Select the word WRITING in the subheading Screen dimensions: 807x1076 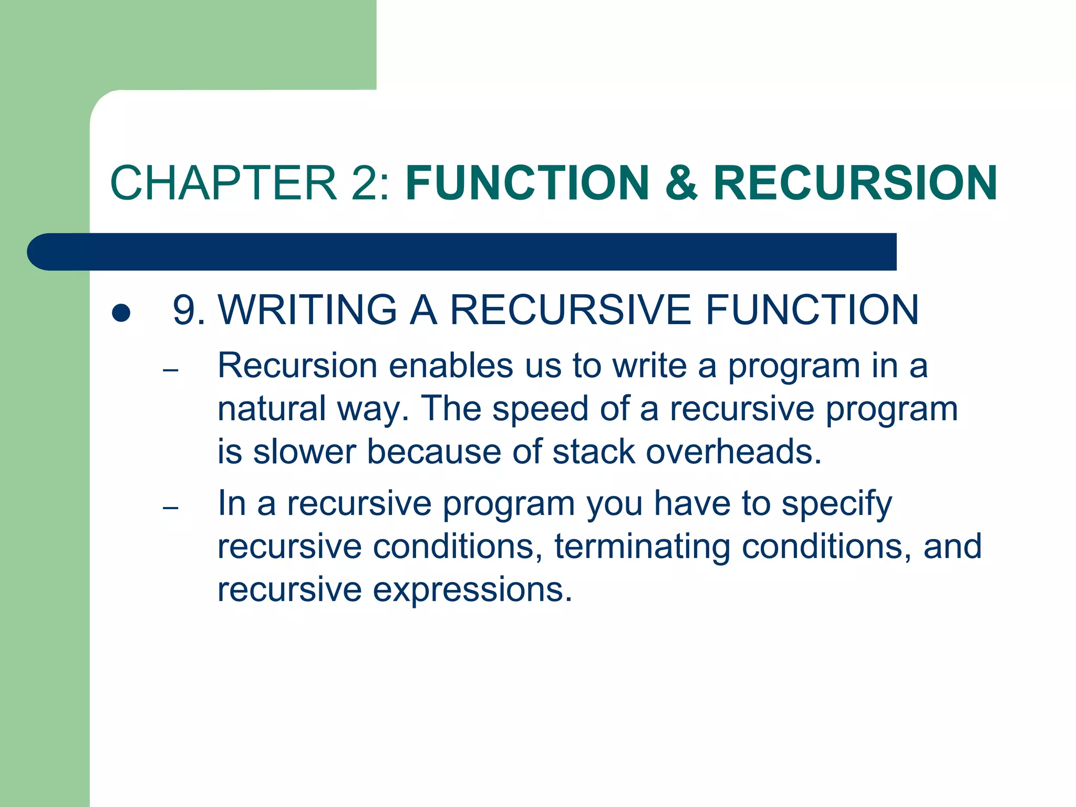click(307, 310)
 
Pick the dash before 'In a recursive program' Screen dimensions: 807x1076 click(171, 508)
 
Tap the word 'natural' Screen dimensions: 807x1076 click(272, 409)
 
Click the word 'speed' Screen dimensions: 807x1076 click(540, 409)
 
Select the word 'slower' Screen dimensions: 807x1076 click(304, 452)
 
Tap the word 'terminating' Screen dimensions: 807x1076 click(642, 546)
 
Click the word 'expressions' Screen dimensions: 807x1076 click(472, 589)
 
